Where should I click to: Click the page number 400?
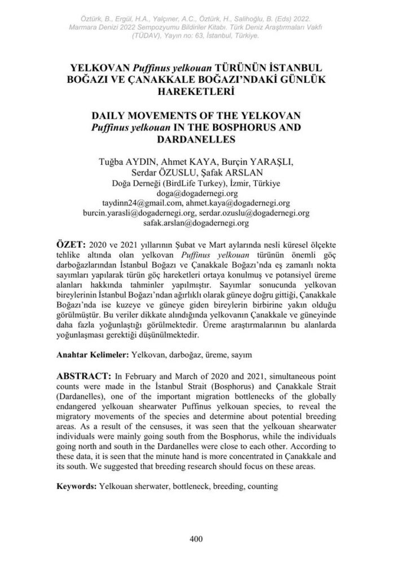pyautogui.click(x=196, y=538)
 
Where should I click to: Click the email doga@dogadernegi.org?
pyautogui.click(x=196, y=194)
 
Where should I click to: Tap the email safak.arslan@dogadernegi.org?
pyautogui.click(x=196, y=223)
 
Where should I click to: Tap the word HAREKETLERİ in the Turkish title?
pyautogui.click(x=196, y=90)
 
